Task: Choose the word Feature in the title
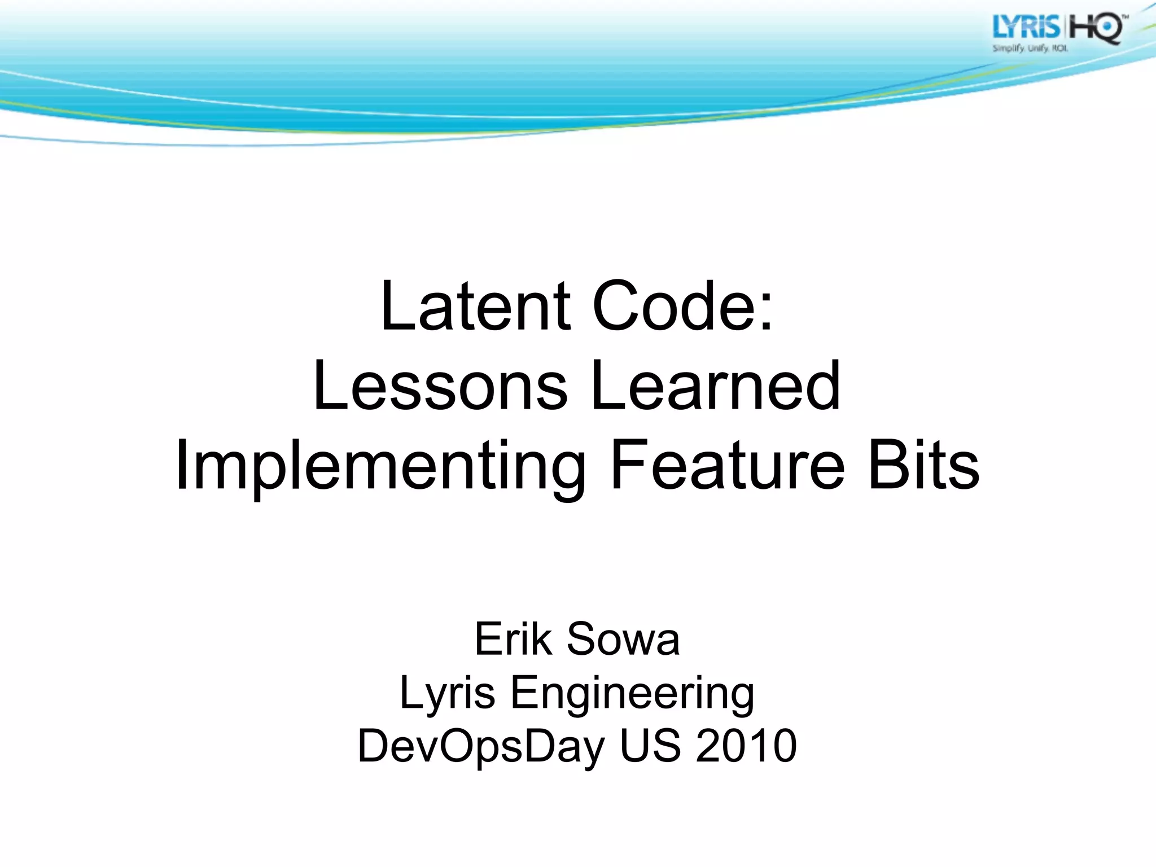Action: [x=728, y=466]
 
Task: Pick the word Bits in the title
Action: [x=923, y=466]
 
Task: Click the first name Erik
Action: [x=513, y=639]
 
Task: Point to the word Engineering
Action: [x=632, y=693]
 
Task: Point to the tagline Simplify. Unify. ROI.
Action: [x=1030, y=49]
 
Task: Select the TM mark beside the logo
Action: [x=1125, y=19]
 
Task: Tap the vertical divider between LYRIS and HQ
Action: [x=1064, y=28]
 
